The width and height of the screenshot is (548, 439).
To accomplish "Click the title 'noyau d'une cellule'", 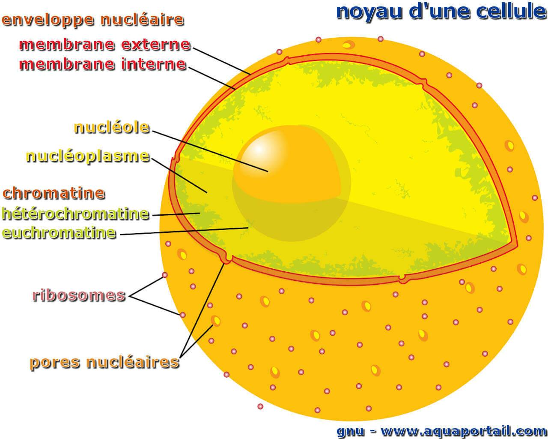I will pyautogui.click(x=441, y=12).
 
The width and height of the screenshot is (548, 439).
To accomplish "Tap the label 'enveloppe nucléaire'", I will pyautogui.click(x=93, y=20).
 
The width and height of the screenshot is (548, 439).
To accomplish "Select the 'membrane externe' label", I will pyautogui.click(x=104, y=44).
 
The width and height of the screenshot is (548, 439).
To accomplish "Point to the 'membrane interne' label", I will pyautogui.click(x=103, y=64).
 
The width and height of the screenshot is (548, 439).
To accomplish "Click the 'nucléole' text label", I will pyautogui.click(x=112, y=127).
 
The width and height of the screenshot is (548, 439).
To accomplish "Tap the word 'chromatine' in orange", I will pyautogui.click(x=54, y=193).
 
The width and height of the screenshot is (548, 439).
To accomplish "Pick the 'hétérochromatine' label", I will pyautogui.click(x=75, y=213).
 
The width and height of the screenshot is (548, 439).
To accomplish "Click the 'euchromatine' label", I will pyautogui.click(x=59, y=232).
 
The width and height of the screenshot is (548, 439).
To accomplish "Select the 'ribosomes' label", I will pyautogui.click(x=79, y=295).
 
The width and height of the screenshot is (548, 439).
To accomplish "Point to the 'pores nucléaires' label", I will pyautogui.click(x=104, y=362).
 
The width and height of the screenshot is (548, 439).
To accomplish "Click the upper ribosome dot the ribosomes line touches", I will pyautogui.click(x=165, y=275).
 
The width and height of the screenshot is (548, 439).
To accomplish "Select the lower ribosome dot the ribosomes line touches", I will pyautogui.click(x=183, y=315).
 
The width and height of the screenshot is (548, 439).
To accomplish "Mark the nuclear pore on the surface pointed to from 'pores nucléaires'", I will pyautogui.click(x=216, y=321).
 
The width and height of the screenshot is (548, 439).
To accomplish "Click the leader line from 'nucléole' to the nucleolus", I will pyautogui.click(x=210, y=150).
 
